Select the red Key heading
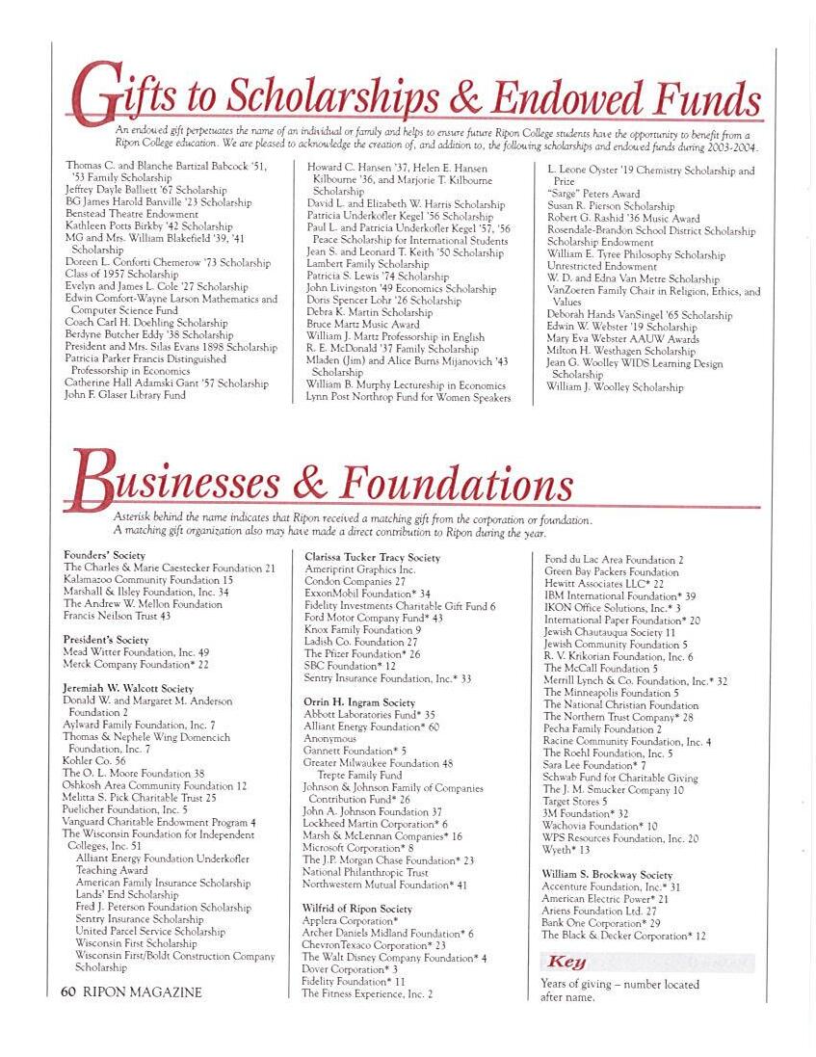pyautogui.click(x=563, y=963)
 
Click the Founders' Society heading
pyautogui.click(x=104, y=555)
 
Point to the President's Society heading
pyautogui.click(x=106, y=639)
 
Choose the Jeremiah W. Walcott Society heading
pyautogui.click(x=128, y=688)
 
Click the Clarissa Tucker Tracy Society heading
pyautogui.click(x=372, y=557)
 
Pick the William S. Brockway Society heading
pyautogui.click(x=607, y=874)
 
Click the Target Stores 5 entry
pyautogui.click(x=575, y=800)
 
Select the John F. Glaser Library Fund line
pyautogui.click(x=125, y=394)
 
